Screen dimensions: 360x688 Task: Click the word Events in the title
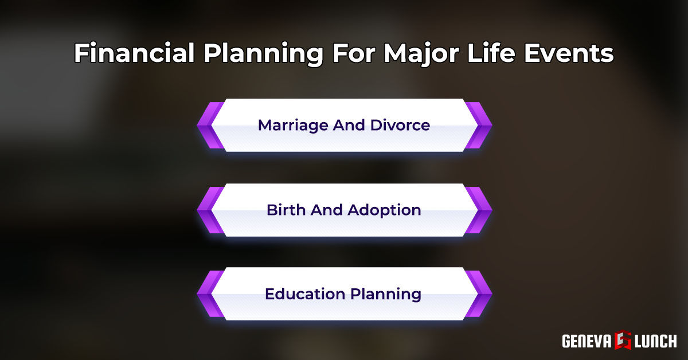pos(574,54)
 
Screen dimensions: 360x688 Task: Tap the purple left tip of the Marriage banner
pos(206,125)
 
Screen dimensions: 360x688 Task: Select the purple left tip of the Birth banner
pos(206,210)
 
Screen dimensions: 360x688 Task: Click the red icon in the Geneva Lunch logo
pos(623,341)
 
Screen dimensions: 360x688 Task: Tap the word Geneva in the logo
pos(587,341)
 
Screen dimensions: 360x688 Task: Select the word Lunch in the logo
pos(655,341)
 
